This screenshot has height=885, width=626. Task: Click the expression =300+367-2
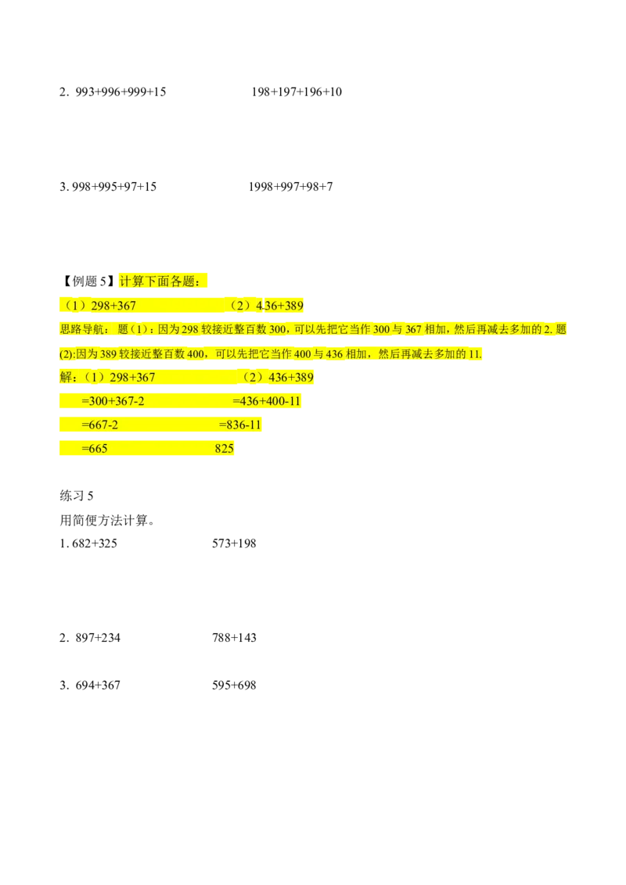click(113, 402)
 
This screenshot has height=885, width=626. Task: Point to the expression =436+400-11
click(267, 402)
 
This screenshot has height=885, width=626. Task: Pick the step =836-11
click(239, 425)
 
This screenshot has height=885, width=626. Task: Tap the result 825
click(224, 449)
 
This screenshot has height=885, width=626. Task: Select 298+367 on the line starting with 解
click(132, 378)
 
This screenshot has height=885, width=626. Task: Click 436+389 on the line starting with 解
click(290, 378)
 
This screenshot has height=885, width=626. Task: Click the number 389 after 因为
click(108, 354)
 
